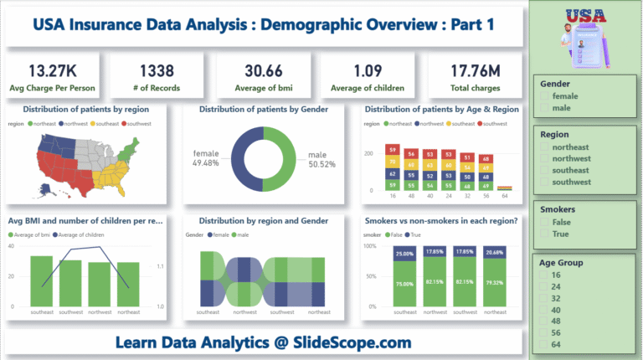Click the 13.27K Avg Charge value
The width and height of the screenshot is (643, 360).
pyautogui.click(x=53, y=69)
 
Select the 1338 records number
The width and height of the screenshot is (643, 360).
pyautogui.click(x=157, y=69)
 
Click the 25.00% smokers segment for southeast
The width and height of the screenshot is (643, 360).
pyautogui.click(x=405, y=254)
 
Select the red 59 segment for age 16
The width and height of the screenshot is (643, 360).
pyautogui.click(x=391, y=150)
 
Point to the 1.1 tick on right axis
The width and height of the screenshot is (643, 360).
pyautogui.click(x=161, y=267)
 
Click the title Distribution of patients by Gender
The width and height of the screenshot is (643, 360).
pyautogui.click(x=263, y=109)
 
